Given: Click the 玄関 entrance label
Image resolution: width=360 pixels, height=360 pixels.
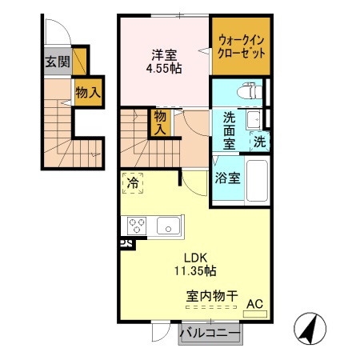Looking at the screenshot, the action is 58,62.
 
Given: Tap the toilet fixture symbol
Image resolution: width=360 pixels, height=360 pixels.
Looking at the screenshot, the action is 250,91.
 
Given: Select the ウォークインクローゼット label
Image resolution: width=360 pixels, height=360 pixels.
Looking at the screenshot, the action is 242,47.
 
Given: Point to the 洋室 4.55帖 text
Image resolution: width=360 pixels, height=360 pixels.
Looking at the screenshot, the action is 164,62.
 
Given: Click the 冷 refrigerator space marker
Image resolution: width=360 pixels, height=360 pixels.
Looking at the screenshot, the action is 133,183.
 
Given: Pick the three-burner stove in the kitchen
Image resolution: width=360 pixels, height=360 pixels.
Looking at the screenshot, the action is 137,226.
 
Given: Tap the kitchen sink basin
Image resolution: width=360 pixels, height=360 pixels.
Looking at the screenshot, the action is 168,226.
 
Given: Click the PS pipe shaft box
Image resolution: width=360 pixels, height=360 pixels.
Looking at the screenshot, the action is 126,244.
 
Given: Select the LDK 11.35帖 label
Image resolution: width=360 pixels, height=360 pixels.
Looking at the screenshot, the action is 195,264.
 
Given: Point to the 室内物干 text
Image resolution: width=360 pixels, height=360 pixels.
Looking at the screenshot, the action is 212,296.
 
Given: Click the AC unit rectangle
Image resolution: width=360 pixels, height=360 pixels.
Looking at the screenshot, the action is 255,314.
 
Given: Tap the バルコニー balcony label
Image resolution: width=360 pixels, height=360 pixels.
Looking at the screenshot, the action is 210,333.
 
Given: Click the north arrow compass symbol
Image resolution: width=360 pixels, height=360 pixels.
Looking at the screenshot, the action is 310,329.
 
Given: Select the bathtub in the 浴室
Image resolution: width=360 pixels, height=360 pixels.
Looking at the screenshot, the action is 257,181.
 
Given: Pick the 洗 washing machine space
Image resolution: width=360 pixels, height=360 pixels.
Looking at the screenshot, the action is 260,142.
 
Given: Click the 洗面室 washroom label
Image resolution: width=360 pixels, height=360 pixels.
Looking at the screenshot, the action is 230,130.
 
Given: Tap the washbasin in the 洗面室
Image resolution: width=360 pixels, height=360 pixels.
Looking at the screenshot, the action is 254,120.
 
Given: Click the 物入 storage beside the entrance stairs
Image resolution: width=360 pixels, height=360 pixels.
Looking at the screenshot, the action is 88,92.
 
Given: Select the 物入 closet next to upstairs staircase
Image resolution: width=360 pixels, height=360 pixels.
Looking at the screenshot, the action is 160,122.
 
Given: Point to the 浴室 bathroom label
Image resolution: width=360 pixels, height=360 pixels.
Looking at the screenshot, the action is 228,178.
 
